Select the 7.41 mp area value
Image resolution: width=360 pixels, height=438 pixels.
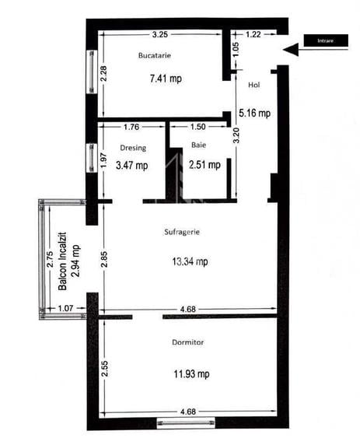pyautogui.click(x=164, y=79)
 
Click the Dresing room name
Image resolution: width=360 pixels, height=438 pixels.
pyautogui.click(x=133, y=147)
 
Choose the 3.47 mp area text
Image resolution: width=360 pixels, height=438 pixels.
pyautogui.click(x=131, y=165)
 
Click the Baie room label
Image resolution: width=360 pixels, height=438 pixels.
pyautogui.click(x=200, y=145)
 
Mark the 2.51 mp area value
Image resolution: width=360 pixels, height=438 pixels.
pyautogui.click(x=204, y=164)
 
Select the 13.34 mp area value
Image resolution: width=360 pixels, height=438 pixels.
pyautogui.click(x=190, y=262)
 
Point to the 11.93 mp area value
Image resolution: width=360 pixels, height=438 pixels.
pyautogui.click(x=191, y=374)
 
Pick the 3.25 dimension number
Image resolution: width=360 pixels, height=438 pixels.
pyautogui.click(x=160, y=34)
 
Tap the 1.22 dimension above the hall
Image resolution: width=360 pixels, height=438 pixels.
pyautogui.click(x=253, y=34)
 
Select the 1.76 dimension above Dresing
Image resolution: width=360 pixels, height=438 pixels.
pyautogui.click(x=131, y=127)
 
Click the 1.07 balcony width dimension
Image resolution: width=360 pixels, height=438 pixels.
pyautogui.click(x=67, y=309)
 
